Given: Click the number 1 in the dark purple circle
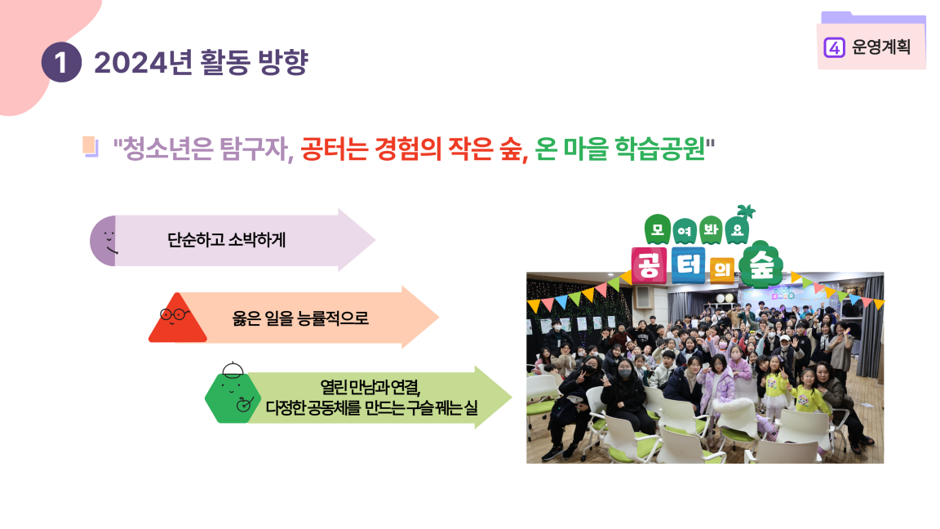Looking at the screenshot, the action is pos(61,62).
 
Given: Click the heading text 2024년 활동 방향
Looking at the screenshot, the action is pos(201,62).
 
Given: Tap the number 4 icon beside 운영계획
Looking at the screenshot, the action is pos(834,47).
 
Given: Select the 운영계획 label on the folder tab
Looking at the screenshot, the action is pos(881,47).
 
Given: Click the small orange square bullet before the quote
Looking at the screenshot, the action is pos(90,146).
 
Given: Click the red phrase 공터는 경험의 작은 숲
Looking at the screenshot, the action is pos(415,149).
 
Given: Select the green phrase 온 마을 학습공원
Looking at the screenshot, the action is pos(620,149).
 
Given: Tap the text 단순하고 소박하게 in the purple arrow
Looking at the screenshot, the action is pos(227,240).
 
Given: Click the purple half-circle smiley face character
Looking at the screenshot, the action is pos(103,241).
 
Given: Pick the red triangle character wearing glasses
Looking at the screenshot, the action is pos(177,318).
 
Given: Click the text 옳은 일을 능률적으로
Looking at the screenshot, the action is pos(300,318).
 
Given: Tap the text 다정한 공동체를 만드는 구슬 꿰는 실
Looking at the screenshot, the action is pos(372,408).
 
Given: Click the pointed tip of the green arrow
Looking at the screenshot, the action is pos(512,397).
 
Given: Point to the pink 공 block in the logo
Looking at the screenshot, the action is pos(650,265).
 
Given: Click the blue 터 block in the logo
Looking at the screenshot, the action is pos(688,265).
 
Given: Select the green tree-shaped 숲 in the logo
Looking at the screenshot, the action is pos(760,264).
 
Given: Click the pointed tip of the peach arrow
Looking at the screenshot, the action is pos(438,318).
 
